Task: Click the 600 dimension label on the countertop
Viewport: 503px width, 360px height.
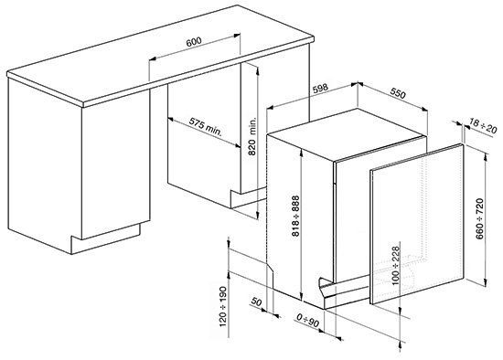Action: pos(194,42)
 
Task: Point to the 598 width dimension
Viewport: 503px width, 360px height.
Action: pos(319,88)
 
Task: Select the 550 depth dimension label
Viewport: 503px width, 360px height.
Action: pos(398,93)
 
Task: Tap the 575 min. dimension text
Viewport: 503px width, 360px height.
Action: pos(205,126)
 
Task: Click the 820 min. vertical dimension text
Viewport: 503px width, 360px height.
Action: pos(252,136)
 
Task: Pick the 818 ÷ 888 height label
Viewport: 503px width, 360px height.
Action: pos(295,216)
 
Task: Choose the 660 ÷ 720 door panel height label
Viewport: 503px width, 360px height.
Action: pos(479,218)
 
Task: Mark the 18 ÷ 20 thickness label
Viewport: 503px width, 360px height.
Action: pos(483,126)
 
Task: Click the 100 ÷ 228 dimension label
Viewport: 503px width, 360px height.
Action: pos(395,266)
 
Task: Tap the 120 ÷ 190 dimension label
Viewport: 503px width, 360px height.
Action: pos(223,306)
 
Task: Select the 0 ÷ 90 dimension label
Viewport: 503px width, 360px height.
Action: pos(308,321)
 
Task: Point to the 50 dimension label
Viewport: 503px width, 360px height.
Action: pos(256,302)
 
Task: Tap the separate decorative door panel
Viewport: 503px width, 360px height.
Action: pos(417,225)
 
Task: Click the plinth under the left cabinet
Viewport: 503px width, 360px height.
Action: pos(105,238)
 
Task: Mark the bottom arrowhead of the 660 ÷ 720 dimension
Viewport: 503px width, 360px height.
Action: pos(486,282)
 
